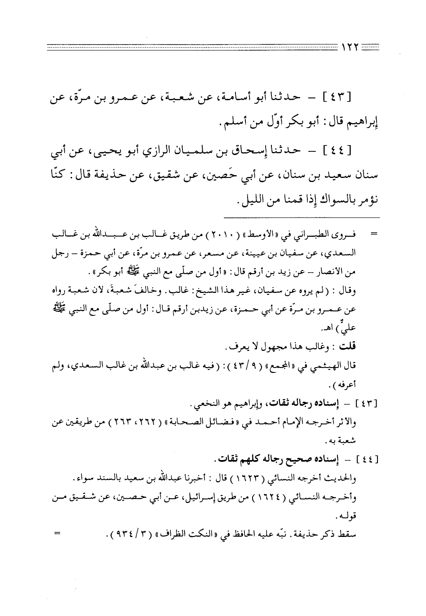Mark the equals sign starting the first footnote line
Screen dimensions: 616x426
pyautogui.click(x=372, y=235)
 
